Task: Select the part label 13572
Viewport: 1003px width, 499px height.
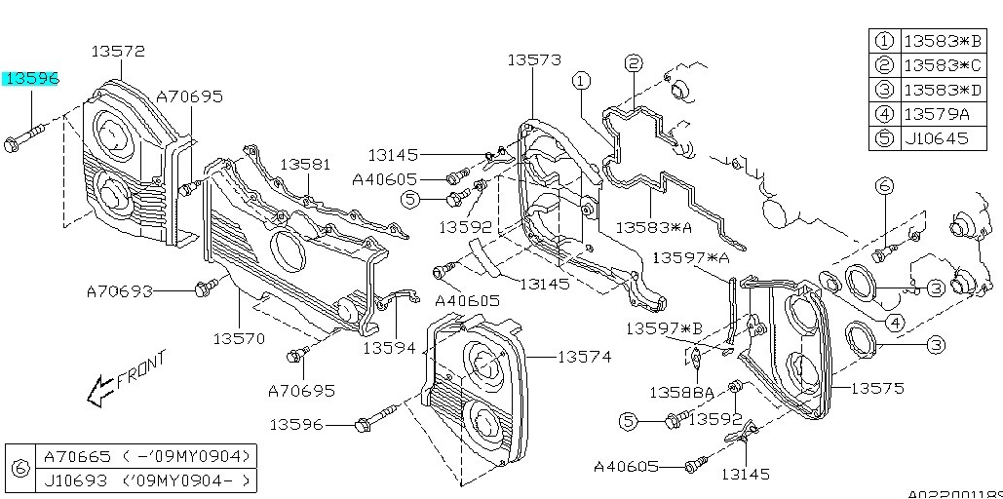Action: point(118,51)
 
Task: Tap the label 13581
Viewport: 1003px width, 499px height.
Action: point(306,166)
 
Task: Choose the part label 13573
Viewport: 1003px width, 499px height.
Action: point(533,60)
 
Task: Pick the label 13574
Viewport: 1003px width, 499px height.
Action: point(585,357)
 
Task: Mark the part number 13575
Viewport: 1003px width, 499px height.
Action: point(877,388)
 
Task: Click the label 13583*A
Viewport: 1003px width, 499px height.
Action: point(653,227)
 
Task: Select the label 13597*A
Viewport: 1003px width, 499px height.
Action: point(691,257)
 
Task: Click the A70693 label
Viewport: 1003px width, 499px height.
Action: point(120,290)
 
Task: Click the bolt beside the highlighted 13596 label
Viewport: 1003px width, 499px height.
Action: point(25,138)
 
